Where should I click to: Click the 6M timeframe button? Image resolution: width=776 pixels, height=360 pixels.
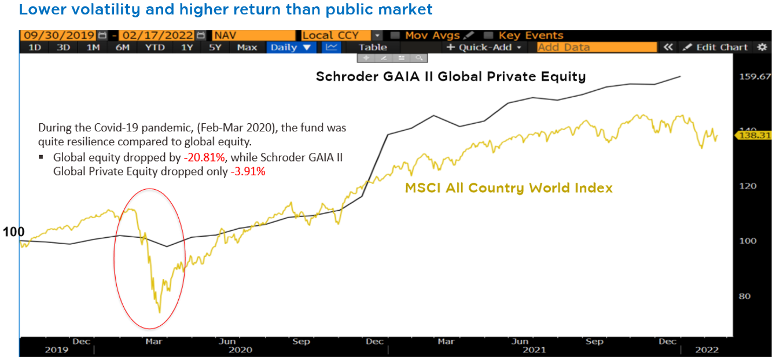(x=122, y=47)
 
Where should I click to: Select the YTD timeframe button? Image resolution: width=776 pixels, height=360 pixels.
(x=155, y=47)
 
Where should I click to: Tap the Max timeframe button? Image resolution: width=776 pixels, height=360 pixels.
(x=247, y=47)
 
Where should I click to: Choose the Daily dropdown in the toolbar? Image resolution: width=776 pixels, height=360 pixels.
(x=290, y=47)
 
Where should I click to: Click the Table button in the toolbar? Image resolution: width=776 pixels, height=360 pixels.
(x=373, y=47)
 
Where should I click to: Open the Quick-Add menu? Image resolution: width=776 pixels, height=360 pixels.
(x=484, y=47)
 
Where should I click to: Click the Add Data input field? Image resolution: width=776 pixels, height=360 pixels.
(x=596, y=47)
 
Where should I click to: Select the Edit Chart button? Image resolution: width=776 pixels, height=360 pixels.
(x=716, y=47)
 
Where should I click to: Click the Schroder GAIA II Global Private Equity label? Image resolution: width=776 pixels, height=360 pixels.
(x=451, y=76)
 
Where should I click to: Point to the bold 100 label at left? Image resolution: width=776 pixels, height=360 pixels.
(x=14, y=232)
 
